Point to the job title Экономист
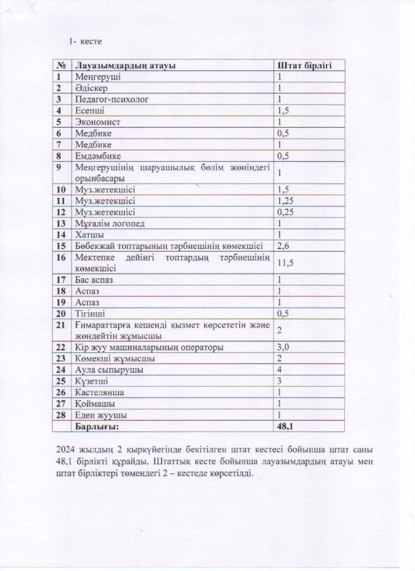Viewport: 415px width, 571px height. tap(98, 122)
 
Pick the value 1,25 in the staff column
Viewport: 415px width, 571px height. tap(285, 200)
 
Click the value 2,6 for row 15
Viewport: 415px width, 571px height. tap(283, 246)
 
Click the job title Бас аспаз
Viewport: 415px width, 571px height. tap(95, 280)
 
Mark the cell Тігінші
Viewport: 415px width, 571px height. tap(91, 313)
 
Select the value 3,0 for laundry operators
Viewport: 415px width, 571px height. tap(283, 347)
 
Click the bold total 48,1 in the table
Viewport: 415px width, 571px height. tap(286, 426)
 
